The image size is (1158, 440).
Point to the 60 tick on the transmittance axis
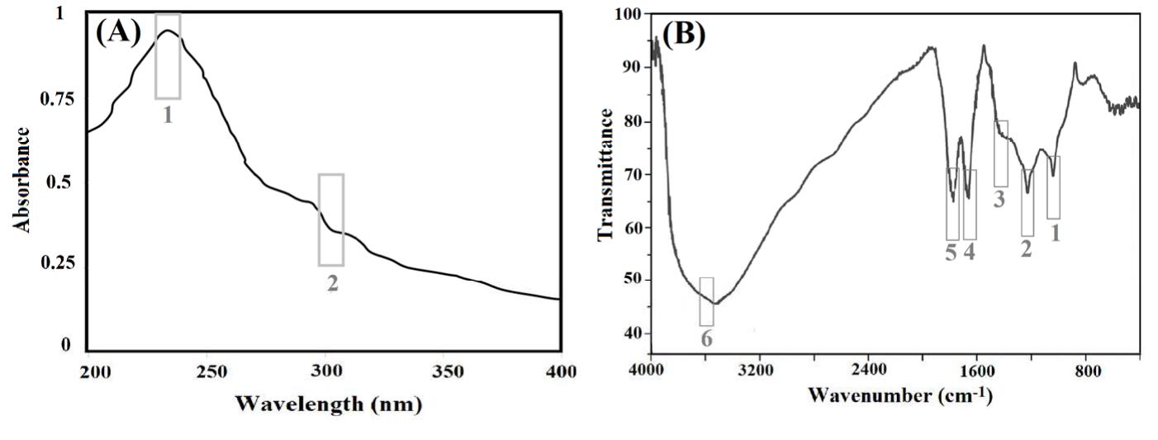(x=634, y=227)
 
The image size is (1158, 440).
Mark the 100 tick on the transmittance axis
(x=630, y=15)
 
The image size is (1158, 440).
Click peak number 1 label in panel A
(x=168, y=115)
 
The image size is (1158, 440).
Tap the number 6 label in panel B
(x=706, y=338)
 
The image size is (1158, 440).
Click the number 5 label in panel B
(x=952, y=252)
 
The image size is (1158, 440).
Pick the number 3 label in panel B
(x=999, y=199)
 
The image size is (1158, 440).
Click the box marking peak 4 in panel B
(x=970, y=204)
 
